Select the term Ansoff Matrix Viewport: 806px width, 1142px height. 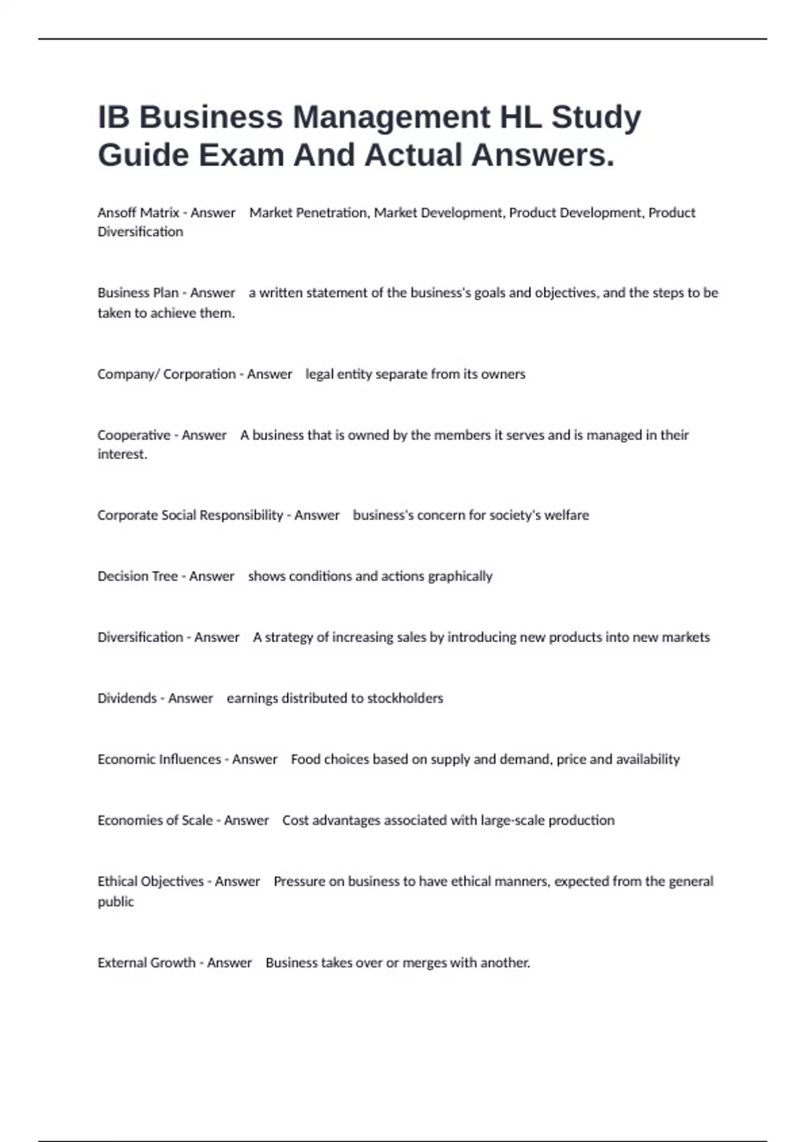tap(138, 213)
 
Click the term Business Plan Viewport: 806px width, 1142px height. tap(138, 293)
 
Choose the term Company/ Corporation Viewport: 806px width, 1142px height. tap(166, 374)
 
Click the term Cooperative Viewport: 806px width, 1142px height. tap(134, 435)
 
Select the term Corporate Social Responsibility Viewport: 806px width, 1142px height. tap(190, 515)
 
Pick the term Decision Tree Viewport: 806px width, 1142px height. tap(137, 576)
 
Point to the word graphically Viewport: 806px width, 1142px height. tap(460, 576)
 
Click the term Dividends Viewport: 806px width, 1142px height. tap(127, 699)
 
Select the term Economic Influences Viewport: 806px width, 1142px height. tap(159, 760)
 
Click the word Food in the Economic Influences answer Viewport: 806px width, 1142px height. tap(305, 760)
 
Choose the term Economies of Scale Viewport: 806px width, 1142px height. tap(154, 821)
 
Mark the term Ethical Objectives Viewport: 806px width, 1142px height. tap(150, 881)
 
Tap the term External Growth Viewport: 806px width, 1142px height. tap(146, 963)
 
